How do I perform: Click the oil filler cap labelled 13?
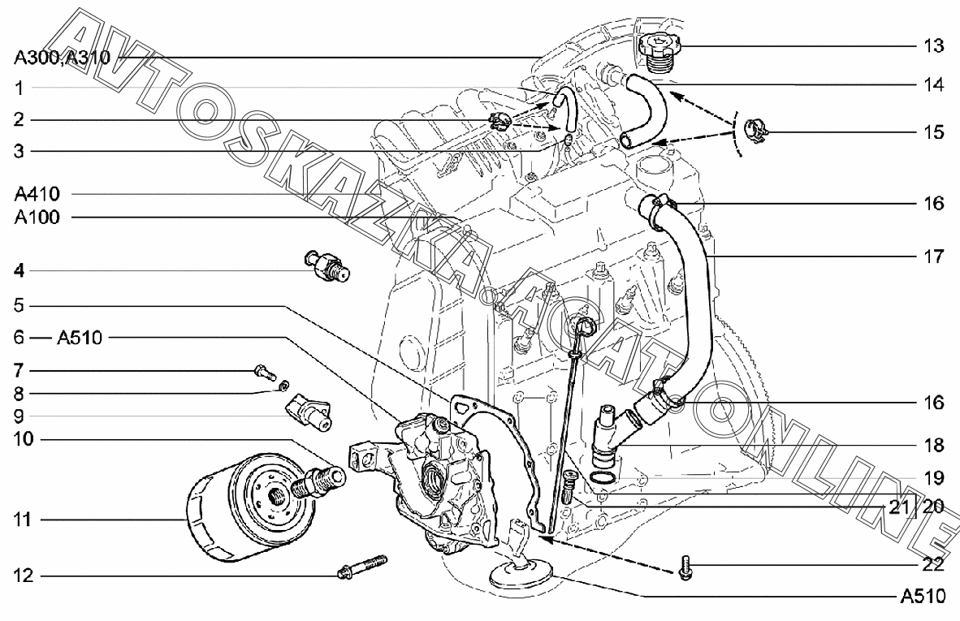[658, 49]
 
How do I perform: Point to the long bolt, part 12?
[362, 567]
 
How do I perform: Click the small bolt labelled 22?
[685, 567]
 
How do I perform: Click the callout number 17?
[934, 256]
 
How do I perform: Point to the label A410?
[37, 194]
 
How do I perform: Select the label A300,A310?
[63, 57]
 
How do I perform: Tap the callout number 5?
[19, 304]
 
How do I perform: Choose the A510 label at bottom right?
[923, 595]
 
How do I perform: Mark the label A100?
[37, 217]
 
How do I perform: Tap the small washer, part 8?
[283, 386]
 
